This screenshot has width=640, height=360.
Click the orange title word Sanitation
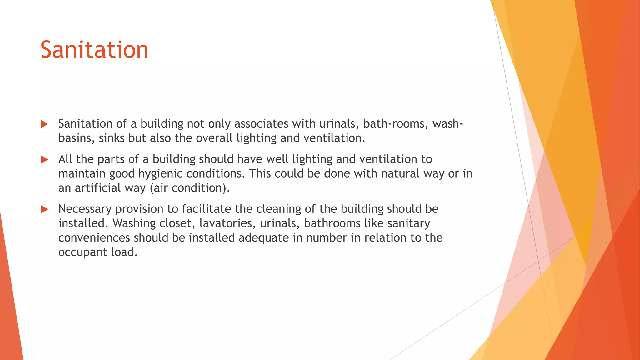click(x=94, y=50)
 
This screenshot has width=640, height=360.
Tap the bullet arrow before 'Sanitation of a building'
click(x=44, y=124)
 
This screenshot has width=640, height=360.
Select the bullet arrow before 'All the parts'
click(x=44, y=160)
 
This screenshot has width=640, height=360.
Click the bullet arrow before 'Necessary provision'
click(x=44, y=209)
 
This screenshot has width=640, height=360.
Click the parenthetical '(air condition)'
click(x=190, y=188)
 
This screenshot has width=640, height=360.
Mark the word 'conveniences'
click(x=94, y=238)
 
